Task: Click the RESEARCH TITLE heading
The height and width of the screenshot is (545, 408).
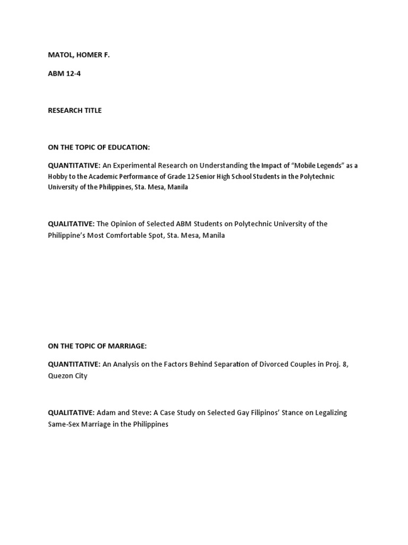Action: click(74, 110)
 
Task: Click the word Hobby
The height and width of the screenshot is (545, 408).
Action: click(59, 176)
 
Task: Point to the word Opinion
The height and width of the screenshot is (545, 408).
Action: click(125, 224)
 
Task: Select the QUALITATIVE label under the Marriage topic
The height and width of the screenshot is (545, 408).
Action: click(71, 412)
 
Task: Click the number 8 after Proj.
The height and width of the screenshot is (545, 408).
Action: click(346, 364)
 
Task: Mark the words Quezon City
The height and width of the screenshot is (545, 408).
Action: click(67, 375)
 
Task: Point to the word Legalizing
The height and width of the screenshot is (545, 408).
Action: click(329, 412)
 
